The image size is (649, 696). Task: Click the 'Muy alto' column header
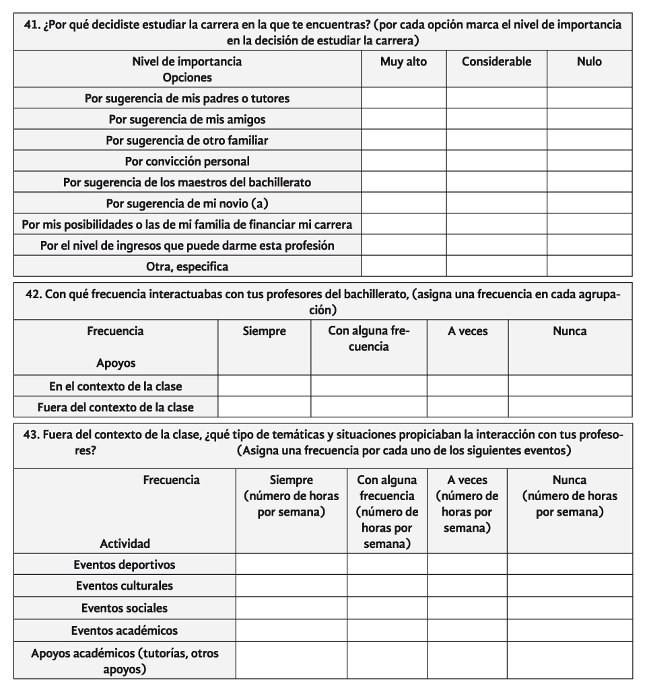pos(403,62)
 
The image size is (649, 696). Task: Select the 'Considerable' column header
pos(496,62)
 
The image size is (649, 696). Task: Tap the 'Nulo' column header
pos(589,62)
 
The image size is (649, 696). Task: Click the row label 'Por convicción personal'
pos(187,162)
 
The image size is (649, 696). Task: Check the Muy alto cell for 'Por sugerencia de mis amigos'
pos(403,120)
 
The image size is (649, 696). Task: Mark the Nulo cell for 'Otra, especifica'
pos(589,267)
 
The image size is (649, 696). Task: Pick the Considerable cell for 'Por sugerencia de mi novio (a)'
pos(496,203)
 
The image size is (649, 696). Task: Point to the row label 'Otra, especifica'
pos(187,267)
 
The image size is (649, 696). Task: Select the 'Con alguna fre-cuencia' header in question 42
pos(368,339)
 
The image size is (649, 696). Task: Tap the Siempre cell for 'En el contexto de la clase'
pos(264,386)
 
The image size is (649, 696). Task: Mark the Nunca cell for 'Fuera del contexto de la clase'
pos(570,407)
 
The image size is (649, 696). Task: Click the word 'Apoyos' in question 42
pos(115,363)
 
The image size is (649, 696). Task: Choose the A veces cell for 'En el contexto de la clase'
pos(467,386)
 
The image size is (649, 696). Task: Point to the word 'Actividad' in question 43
pos(125,543)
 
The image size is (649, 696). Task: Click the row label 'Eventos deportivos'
pos(125,564)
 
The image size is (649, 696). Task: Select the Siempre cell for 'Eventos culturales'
pos(291,585)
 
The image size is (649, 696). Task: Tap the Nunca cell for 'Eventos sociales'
pos(570,608)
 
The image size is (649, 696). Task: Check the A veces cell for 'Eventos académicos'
pos(467,630)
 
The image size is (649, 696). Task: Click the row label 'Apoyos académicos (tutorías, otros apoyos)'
pos(125,661)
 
